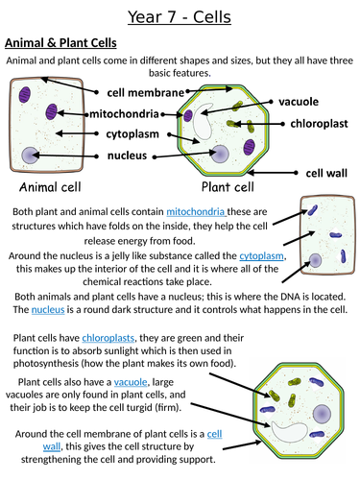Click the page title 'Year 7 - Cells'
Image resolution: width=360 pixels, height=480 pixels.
click(x=180, y=16)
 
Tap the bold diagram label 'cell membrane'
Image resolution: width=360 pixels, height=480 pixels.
click(x=145, y=92)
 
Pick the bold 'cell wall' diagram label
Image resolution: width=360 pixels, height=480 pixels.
click(x=326, y=173)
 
